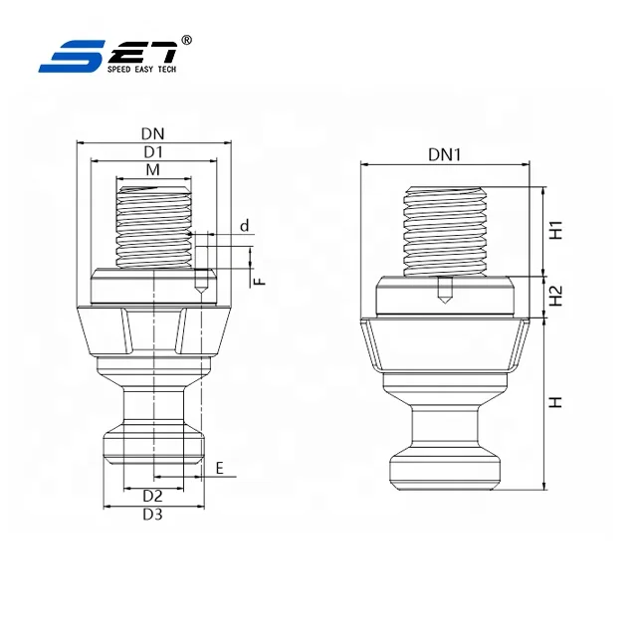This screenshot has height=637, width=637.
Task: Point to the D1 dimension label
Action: [x=152, y=151]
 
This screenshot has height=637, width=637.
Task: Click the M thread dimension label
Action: [x=152, y=171]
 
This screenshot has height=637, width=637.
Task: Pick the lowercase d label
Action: [x=244, y=226]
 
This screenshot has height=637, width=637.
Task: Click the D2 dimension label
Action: [x=152, y=495]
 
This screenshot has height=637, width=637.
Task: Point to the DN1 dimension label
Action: [x=445, y=155]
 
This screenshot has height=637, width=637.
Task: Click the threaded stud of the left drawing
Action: [x=153, y=225]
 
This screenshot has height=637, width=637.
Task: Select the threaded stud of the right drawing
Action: [x=444, y=231]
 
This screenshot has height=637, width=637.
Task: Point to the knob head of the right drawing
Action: [x=445, y=467]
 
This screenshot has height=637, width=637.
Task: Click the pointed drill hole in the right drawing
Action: [x=444, y=293]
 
